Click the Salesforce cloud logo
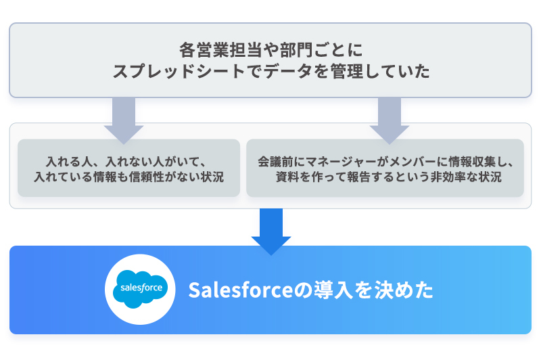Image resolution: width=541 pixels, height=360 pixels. (140, 289)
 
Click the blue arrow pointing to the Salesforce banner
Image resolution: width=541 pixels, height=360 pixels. (271, 231)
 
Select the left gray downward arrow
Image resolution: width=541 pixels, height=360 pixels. (124, 120)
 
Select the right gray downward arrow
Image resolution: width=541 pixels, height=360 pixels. (390, 120)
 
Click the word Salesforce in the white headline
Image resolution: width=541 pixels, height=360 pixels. (241, 290)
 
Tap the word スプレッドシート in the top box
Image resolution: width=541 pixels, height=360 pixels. (179, 72)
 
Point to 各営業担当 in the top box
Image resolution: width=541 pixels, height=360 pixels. (220, 50)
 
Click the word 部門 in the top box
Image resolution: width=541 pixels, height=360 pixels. (296, 50)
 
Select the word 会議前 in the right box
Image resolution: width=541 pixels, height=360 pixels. (276, 162)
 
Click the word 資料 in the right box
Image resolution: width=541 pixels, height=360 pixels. (287, 177)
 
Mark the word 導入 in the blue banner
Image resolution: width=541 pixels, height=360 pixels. (333, 290)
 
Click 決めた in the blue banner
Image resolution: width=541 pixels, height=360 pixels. (404, 290)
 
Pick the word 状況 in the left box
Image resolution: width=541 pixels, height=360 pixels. (212, 177)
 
